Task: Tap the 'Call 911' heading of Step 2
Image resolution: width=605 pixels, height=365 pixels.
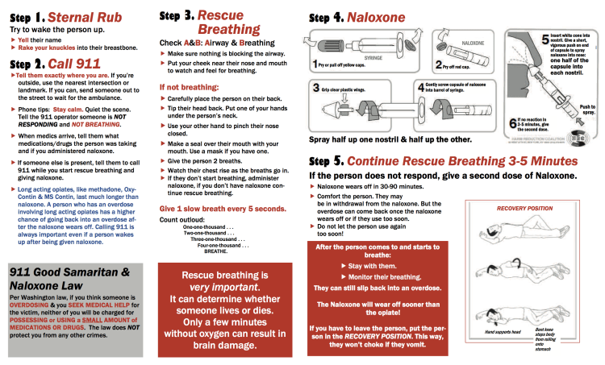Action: coord(74,64)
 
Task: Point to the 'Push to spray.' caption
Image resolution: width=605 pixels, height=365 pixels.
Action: coord(586,110)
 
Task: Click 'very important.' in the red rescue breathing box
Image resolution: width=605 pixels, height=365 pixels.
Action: coord(215,288)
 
